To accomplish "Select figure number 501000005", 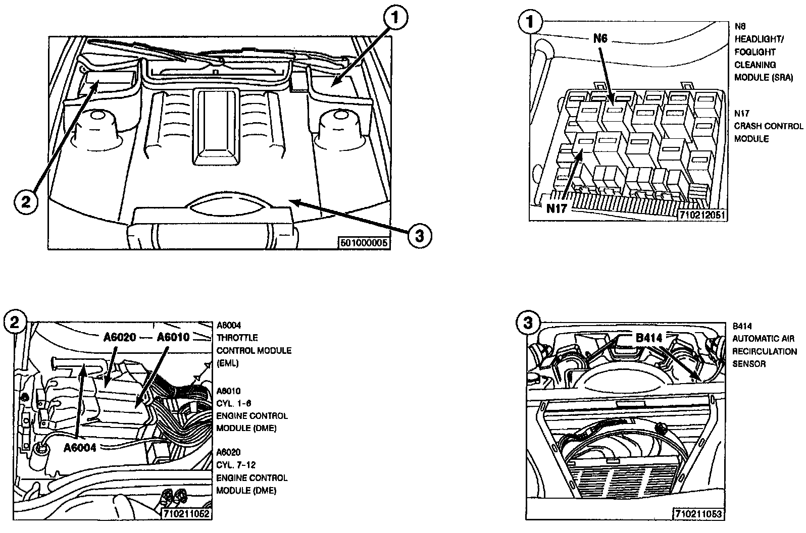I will tap(364, 243).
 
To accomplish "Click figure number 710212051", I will tap(702, 215).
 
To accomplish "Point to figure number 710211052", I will tap(186, 514).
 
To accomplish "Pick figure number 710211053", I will tap(699, 514).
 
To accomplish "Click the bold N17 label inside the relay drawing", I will tap(557, 208).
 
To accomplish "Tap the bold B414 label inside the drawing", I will tap(648, 338).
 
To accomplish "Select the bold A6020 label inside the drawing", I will tap(120, 337).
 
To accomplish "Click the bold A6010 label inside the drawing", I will tap(173, 337).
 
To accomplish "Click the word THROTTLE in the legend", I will tap(237, 338).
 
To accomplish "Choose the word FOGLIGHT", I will tap(755, 52).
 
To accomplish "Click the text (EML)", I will tap(228, 363).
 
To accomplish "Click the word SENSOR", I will tap(749, 364).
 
